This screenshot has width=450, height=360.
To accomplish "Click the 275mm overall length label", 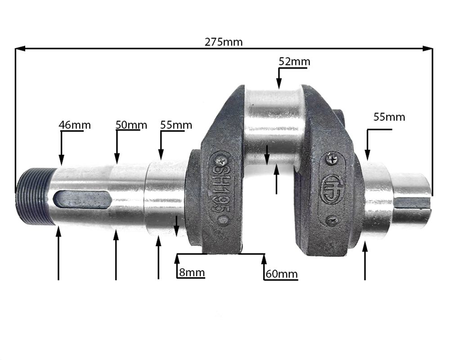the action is tap(224, 42).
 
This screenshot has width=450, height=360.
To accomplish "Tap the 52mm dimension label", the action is tap(294, 62).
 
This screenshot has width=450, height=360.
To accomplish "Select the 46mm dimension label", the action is tap(75, 125).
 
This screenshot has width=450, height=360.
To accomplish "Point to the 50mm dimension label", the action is tap(131, 125).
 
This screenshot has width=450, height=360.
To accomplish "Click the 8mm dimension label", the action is tap(192, 272).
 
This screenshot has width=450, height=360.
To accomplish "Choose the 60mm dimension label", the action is tap(282, 274).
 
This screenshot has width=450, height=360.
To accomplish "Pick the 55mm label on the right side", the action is tap(389, 117).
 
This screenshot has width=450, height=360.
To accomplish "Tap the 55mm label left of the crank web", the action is tap(176, 125).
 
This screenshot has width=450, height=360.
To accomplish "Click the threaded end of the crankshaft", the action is tap(35, 196).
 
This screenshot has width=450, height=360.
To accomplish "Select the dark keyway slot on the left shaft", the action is tap(82, 199).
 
